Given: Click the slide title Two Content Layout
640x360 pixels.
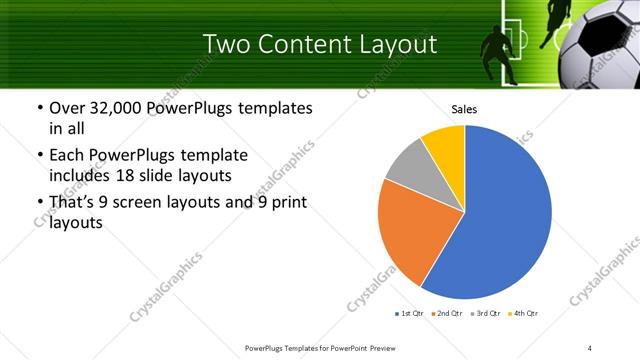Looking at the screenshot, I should pos(319,45).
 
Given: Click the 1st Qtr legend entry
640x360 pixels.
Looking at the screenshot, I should pos(409,314).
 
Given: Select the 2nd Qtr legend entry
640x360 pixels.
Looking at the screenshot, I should pos(445,314).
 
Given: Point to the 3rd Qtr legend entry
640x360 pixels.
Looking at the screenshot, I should pos(485,314).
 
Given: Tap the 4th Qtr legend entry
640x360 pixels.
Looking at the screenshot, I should pos(523,314).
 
